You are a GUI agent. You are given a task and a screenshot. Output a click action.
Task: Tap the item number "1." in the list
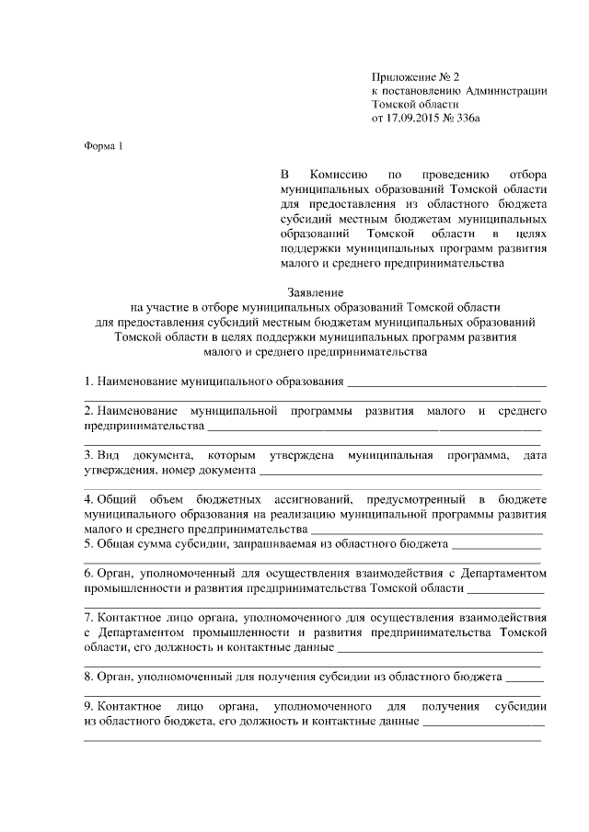click(x=88, y=382)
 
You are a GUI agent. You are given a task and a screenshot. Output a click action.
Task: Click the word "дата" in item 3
click(x=535, y=455)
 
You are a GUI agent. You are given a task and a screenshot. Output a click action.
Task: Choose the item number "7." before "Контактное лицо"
click(x=88, y=617)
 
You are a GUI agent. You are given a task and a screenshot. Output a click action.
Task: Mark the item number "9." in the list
click(x=88, y=706)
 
